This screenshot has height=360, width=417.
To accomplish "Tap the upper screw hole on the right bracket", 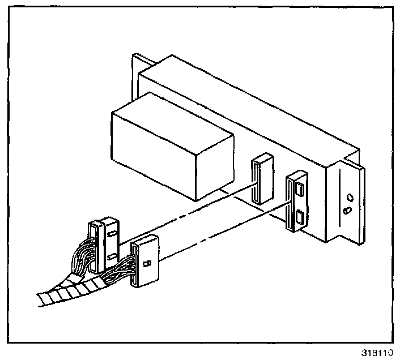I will click(350, 198).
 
